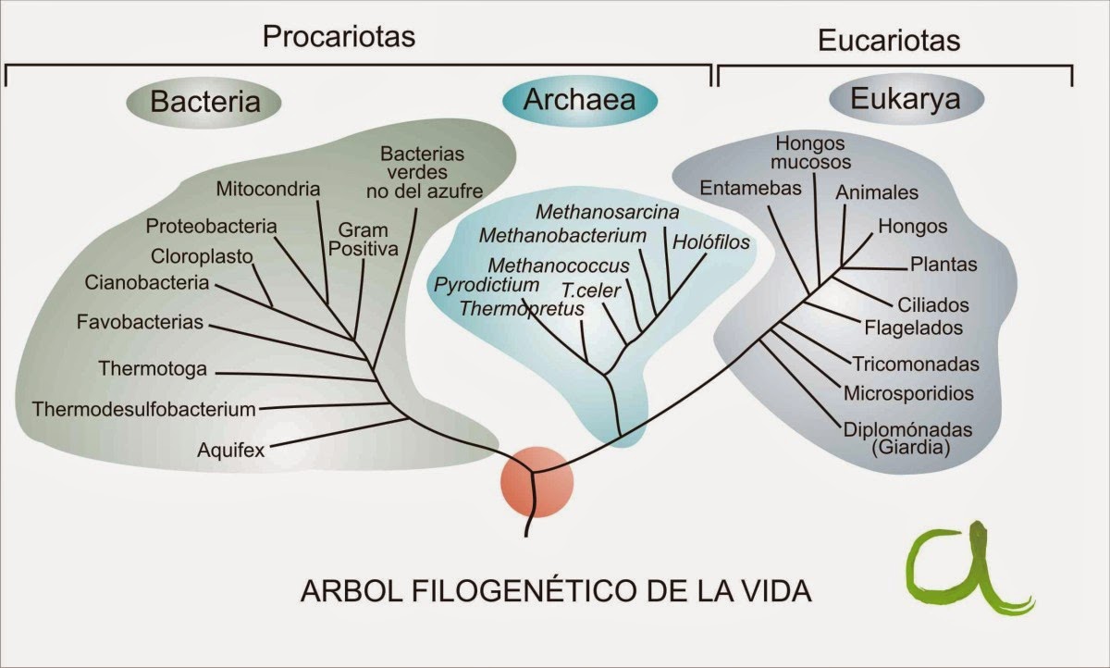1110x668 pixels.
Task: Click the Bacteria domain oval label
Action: click(x=204, y=101)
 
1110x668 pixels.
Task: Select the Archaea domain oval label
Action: click(x=579, y=99)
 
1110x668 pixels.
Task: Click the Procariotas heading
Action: click(x=339, y=37)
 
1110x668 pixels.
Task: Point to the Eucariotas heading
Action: click(x=889, y=41)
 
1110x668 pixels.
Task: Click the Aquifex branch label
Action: click(x=231, y=451)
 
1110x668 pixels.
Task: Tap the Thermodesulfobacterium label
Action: click(x=143, y=408)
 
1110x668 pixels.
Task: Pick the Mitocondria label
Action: click(x=268, y=190)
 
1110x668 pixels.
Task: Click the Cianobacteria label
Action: click(x=147, y=283)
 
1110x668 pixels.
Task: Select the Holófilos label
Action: click(x=710, y=242)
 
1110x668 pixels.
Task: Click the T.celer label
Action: click(x=591, y=289)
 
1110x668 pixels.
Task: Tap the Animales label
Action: click(x=877, y=192)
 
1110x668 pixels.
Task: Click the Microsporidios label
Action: click(x=908, y=393)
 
